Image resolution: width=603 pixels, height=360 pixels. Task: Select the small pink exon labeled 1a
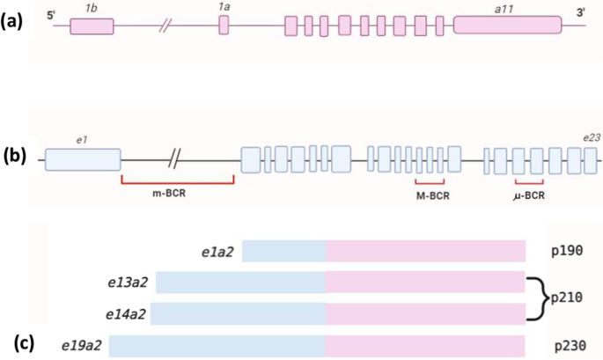pos(224,26)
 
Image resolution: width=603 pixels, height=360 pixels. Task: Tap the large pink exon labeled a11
pos(507,26)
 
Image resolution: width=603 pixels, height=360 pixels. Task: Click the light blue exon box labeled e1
pos(83,160)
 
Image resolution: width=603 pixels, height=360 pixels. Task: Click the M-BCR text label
pos(433,195)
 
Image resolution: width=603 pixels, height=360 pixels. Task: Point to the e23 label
pos(590,138)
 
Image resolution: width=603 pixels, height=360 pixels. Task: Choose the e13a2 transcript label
pos(125,283)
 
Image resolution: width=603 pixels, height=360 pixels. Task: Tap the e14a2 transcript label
pos(125,313)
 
